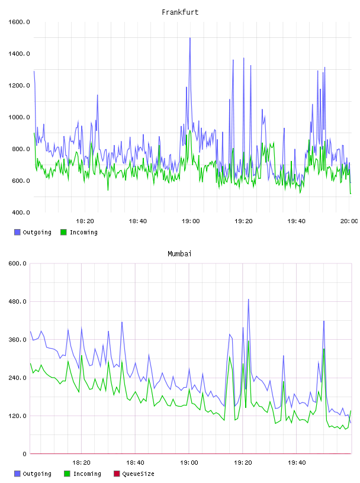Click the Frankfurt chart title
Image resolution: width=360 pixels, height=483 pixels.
pyautogui.click(x=180, y=12)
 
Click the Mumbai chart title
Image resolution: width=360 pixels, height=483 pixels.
pyautogui.click(x=179, y=254)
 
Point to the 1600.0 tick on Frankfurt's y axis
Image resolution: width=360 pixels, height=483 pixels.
pyautogui.click(x=19, y=22)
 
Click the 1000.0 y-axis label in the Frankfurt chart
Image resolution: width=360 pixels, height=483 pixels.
pyautogui.click(x=19, y=117)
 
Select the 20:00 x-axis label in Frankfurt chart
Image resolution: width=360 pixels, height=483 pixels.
pyautogui.click(x=349, y=221)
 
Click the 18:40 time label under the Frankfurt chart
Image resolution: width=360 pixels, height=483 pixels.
pyautogui.click(x=138, y=221)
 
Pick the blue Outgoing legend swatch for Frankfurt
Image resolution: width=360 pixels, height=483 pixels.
pyautogui.click(x=17, y=232)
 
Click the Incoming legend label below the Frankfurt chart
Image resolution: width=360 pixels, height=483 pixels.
pyautogui.click(x=83, y=232)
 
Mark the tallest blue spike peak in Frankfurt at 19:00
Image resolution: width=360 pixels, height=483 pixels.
pyautogui.click(x=190, y=38)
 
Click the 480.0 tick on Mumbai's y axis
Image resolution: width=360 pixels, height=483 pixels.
pyautogui.click(x=18, y=301)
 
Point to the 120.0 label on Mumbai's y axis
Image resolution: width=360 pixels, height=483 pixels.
pyautogui.click(x=18, y=416)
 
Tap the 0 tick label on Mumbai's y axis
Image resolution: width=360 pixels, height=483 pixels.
pyautogui.click(x=25, y=454)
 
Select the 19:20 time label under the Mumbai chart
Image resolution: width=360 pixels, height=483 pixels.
pyautogui.click(x=243, y=463)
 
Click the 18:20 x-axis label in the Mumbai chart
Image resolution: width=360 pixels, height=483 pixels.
pyautogui.click(x=81, y=463)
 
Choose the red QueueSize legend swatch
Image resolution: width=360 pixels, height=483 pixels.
pyautogui.click(x=117, y=474)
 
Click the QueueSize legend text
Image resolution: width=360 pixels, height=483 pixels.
pyautogui.click(x=138, y=474)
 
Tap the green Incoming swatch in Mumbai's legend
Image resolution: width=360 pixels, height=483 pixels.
pyautogui.click(x=67, y=474)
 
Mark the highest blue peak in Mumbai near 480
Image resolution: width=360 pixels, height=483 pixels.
pyautogui.click(x=249, y=299)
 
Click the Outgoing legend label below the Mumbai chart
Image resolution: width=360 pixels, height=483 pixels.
pyautogui.click(x=37, y=474)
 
